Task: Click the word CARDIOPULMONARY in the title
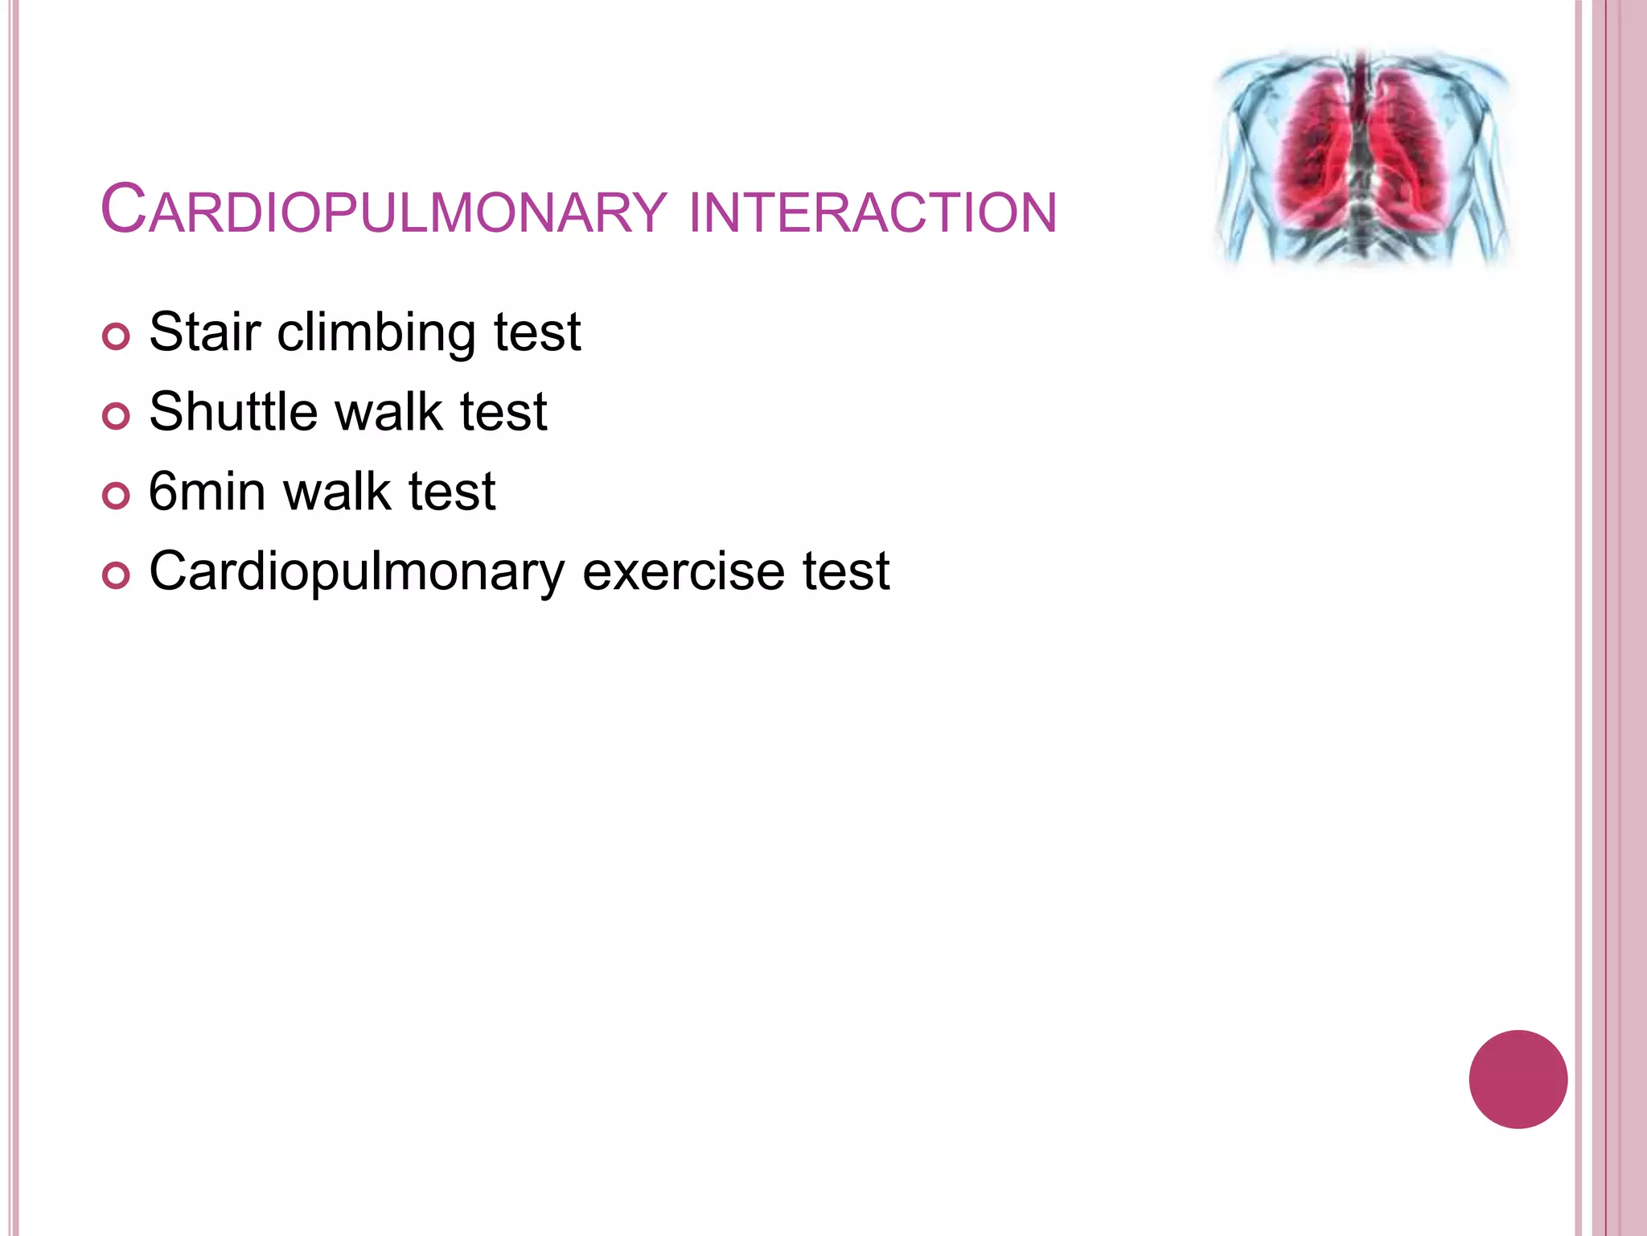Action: (x=384, y=211)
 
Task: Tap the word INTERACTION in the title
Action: (x=873, y=212)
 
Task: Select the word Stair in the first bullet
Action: (x=205, y=332)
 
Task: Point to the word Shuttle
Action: (x=234, y=411)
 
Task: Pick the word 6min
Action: (x=207, y=491)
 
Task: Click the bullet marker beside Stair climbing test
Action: (x=117, y=336)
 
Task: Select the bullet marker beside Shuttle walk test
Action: (x=117, y=416)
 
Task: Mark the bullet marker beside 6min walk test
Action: (x=117, y=496)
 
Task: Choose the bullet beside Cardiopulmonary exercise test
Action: (x=117, y=576)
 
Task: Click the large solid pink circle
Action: (x=1518, y=1079)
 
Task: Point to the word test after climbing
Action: (x=537, y=332)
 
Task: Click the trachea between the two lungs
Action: (x=1361, y=89)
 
